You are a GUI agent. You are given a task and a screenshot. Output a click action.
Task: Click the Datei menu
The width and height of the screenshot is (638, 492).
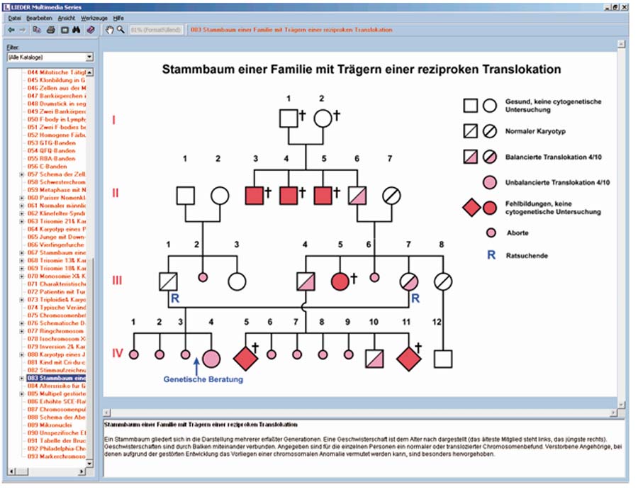[14, 17]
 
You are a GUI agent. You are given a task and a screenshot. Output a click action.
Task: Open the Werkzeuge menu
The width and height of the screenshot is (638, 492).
[95, 17]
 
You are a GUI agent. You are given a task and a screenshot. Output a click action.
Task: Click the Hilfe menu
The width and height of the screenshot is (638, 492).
[118, 17]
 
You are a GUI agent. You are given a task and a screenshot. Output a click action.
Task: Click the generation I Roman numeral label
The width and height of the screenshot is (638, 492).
[113, 119]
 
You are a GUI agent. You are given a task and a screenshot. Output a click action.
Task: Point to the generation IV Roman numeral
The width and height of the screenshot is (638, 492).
[118, 353]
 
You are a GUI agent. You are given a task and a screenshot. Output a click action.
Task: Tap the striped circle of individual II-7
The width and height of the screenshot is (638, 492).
[391, 194]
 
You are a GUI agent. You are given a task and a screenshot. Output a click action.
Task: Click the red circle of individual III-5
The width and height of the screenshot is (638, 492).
[340, 280]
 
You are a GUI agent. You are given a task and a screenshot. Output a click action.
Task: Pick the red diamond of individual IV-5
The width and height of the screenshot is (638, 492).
[245, 359]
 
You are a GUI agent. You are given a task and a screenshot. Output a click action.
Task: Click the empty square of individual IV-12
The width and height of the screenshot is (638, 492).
[443, 359]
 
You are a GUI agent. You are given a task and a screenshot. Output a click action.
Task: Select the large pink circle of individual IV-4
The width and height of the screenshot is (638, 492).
[211, 359]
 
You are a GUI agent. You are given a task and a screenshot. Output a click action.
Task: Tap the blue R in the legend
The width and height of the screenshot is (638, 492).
[491, 255]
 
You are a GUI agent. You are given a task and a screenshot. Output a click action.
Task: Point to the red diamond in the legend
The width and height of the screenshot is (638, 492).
[471, 207]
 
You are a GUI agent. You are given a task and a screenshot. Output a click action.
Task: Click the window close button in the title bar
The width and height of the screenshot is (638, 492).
[625, 6]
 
